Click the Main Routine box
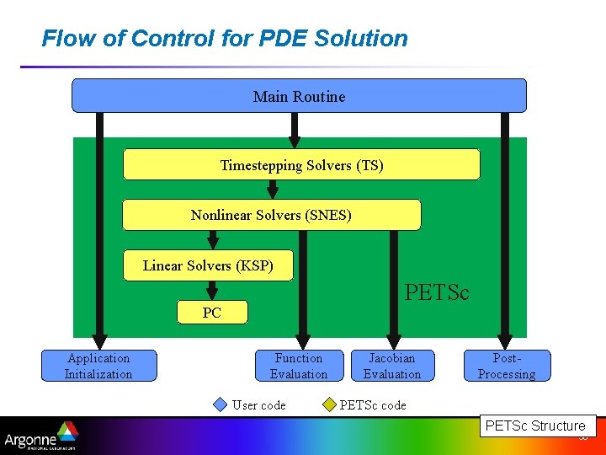(299, 96)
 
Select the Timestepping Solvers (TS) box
(301, 165)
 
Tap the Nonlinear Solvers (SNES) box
(271, 215)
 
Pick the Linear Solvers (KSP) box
(209, 265)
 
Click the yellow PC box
(212, 313)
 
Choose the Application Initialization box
(98, 366)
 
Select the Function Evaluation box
(299, 366)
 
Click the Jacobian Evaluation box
(391, 366)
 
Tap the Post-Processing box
(507, 366)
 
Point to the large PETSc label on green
(437, 292)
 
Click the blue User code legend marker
(221, 404)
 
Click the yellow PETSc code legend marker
(328, 404)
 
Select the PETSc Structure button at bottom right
(535, 426)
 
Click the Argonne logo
(40, 436)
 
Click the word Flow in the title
(63, 39)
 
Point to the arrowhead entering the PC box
(212, 295)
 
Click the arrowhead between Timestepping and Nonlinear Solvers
(271, 194)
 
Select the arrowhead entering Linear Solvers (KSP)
(213, 244)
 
